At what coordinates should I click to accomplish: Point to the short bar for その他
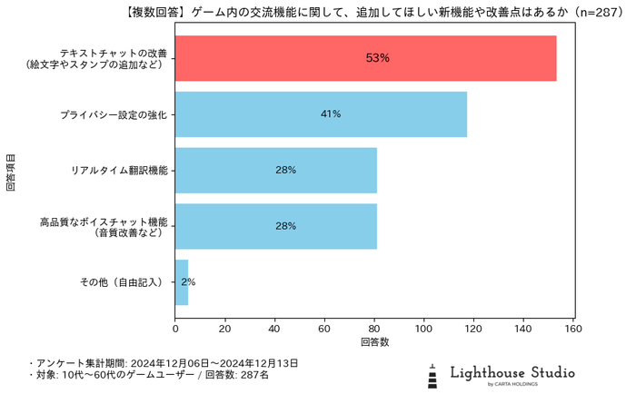(181, 282)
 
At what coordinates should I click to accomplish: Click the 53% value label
(378, 58)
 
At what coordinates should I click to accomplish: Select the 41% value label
(331, 114)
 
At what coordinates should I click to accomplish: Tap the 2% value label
(188, 282)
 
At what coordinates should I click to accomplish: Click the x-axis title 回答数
(374, 342)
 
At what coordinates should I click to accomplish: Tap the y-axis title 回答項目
(11, 170)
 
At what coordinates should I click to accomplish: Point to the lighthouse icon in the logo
(433, 376)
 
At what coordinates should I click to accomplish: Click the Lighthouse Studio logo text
(512, 372)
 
